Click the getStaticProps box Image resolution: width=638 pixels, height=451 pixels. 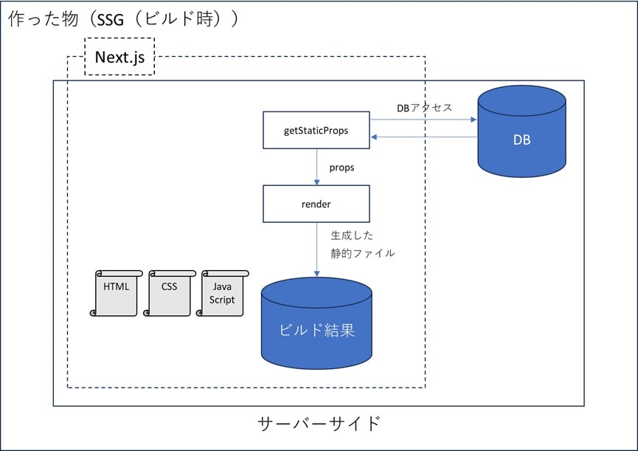click(x=316, y=130)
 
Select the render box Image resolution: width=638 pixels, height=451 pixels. click(x=316, y=204)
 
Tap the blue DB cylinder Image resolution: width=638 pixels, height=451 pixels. click(x=521, y=131)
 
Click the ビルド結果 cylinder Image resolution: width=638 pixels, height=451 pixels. click(x=316, y=323)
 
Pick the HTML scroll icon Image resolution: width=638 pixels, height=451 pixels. click(x=117, y=293)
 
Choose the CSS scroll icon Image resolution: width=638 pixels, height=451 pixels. click(x=169, y=293)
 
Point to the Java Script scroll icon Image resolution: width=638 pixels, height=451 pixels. click(x=222, y=293)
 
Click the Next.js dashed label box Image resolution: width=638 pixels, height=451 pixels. click(x=119, y=57)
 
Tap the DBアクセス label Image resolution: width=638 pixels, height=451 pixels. click(x=424, y=108)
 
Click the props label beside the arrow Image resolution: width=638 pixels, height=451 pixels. click(x=341, y=168)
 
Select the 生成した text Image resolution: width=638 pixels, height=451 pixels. click(x=352, y=235)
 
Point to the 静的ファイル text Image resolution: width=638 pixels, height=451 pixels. click(x=363, y=253)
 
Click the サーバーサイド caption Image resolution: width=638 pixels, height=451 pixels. click(x=319, y=424)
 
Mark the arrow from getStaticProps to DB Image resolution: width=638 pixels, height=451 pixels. click(x=423, y=120)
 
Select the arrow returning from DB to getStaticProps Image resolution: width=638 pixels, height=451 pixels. click(x=423, y=137)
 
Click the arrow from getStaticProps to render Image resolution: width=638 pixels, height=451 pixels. click(x=317, y=167)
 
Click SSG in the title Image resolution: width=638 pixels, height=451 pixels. click(x=110, y=19)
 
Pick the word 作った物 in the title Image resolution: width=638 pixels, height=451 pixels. click(x=43, y=18)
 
